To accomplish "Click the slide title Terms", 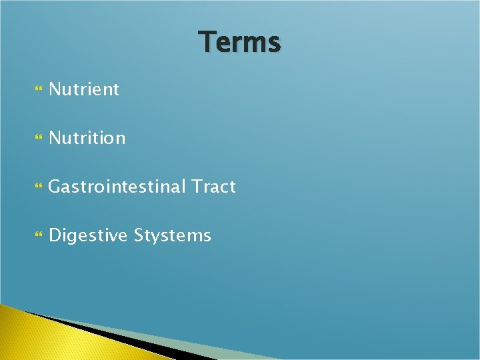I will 240,42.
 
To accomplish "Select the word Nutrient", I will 84,89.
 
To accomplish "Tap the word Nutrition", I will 87,138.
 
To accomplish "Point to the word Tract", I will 213,187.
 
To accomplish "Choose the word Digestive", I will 89,235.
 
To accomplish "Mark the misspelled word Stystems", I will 173,236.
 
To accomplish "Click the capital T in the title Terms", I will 207,41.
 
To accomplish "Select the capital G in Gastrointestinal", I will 55,187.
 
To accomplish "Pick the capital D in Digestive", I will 55,235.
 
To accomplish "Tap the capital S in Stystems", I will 139,235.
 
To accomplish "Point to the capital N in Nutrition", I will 55,138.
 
